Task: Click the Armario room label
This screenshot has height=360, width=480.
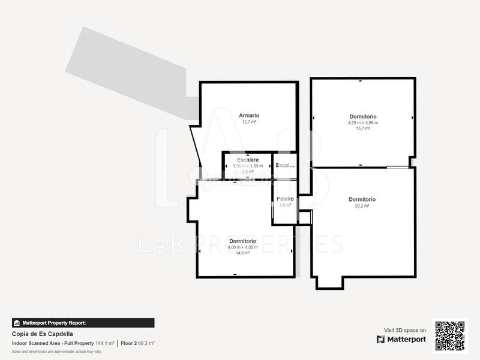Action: click(x=249, y=115)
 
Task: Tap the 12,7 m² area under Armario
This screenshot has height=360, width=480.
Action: click(x=249, y=122)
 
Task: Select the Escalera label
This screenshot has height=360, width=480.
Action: click(x=248, y=160)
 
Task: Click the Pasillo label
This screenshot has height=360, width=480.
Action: click(x=285, y=199)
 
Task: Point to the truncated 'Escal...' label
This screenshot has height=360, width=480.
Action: click(x=285, y=165)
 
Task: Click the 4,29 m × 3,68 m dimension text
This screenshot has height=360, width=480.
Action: click(x=363, y=122)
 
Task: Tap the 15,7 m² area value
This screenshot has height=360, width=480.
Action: click(x=363, y=128)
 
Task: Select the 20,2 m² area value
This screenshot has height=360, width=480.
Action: click(x=362, y=206)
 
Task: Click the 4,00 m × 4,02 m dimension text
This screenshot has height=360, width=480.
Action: click(x=242, y=247)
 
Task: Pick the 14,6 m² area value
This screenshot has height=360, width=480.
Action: click(x=242, y=253)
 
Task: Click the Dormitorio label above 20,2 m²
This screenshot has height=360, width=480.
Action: click(x=362, y=199)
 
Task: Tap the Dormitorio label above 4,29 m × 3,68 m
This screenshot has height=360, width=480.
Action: click(x=363, y=116)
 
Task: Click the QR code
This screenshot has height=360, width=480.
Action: click(x=450, y=335)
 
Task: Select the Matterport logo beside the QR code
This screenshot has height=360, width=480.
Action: click(x=401, y=340)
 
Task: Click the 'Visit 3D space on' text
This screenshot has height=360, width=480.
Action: click(x=405, y=330)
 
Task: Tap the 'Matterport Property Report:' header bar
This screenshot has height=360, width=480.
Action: click(x=83, y=323)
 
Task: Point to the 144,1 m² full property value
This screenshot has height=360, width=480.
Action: click(x=104, y=343)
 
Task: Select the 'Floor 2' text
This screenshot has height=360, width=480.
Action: click(x=129, y=343)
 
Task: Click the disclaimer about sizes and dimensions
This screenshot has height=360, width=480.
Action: click(x=56, y=351)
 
